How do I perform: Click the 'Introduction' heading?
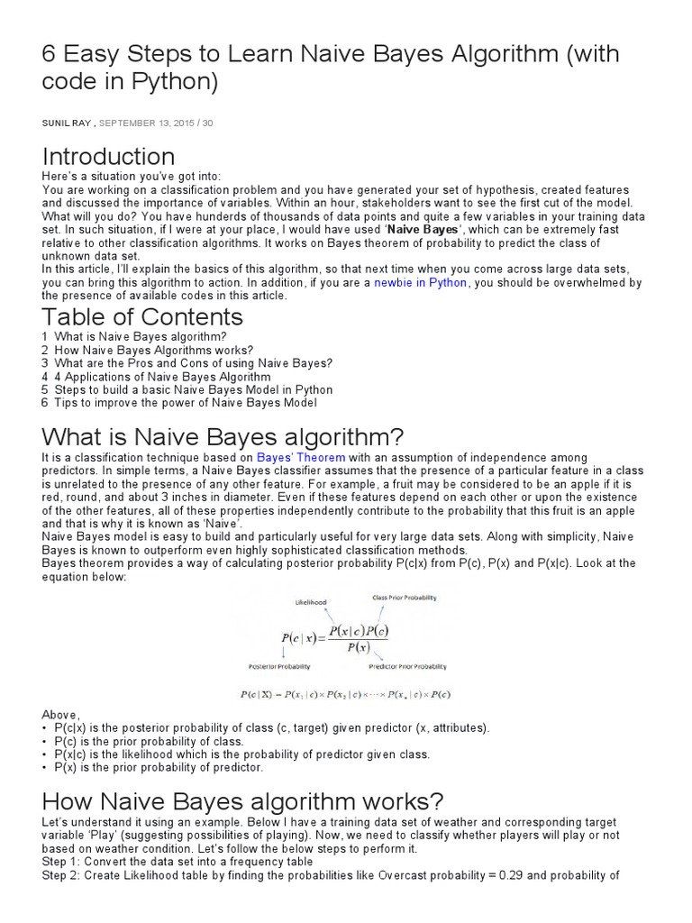click(x=108, y=156)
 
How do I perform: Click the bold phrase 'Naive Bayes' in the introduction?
click(x=423, y=230)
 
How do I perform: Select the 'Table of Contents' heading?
click(x=142, y=317)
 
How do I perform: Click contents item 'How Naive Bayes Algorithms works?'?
click(x=153, y=350)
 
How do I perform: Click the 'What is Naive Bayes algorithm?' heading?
click(x=223, y=438)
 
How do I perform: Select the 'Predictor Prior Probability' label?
click(x=407, y=667)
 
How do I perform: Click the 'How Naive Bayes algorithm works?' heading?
click(x=243, y=801)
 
